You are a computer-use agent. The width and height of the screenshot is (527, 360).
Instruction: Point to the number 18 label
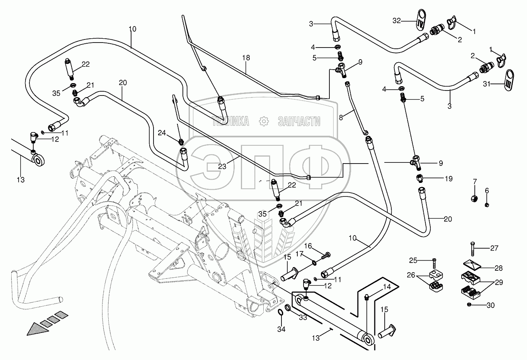click(246, 58)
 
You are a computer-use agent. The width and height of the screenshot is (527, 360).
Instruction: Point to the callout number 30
click(490, 305)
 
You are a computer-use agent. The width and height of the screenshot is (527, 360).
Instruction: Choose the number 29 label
click(499, 283)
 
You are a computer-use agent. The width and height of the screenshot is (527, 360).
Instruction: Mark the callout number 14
click(387, 287)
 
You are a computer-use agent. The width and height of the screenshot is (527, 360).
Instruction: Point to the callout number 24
click(162, 133)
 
